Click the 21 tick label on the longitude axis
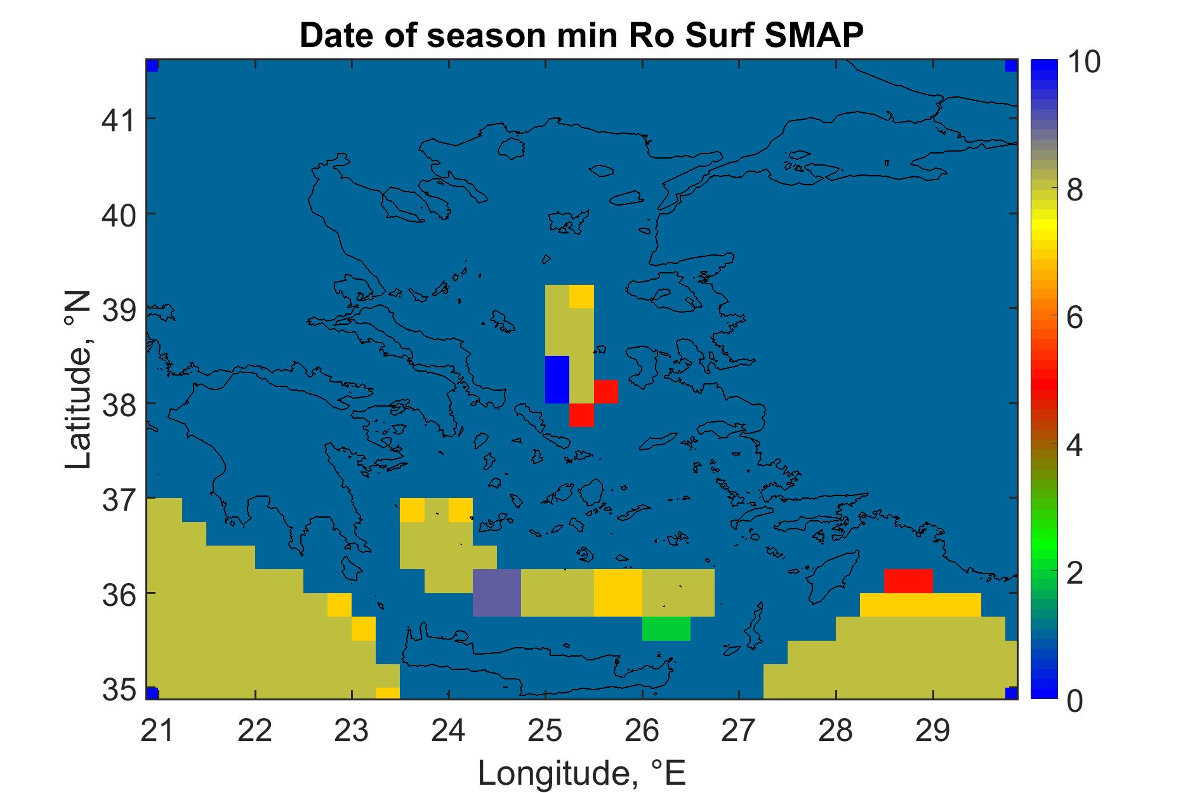(x=157, y=731)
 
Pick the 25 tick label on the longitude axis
(x=545, y=731)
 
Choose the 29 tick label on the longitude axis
(x=933, y=731)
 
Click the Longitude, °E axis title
(x=582, y=773)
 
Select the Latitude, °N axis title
(x=79, y=381)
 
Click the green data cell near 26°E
(x=666, y=629)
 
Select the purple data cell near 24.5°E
(x=497, y=593)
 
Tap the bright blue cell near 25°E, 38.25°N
(x=557, y=379)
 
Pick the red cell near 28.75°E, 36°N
(x=908, y=581)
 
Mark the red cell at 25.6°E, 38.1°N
(x=606, y=391)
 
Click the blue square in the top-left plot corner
(x=152, y=66)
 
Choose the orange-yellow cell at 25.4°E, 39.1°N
(x=581, y=296)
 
